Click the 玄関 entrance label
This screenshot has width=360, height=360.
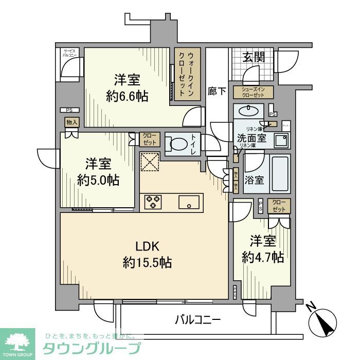pyautogui.click(x=254, y=57)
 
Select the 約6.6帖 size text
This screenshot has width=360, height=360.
pyautogui.click(x=127, y=96)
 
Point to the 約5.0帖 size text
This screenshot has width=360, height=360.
pyautogui.click(x=98, y=180)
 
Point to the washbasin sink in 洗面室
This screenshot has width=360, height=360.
pyautogui.click(x=249, y=111)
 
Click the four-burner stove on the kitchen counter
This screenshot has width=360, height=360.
pyautogui.click(x=153, y=201)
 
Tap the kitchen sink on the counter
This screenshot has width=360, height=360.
pyautogui.click(x=190, y=202)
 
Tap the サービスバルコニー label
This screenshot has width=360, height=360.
pyautogui.click(x=69, y=52)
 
